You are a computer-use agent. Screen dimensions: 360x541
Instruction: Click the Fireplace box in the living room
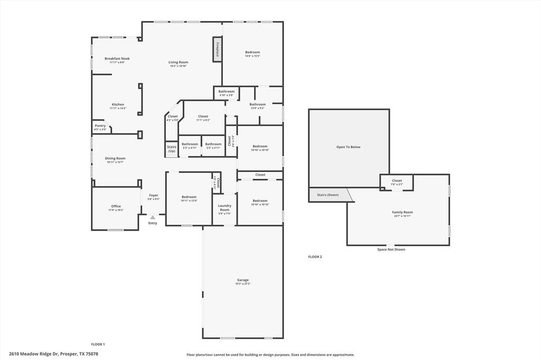tap(217, 49)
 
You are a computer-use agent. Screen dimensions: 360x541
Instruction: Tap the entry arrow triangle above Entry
tap(152, 217)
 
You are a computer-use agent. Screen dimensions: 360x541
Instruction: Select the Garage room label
tap(243, 280)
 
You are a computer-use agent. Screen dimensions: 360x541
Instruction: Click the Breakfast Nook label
tap(117, 59)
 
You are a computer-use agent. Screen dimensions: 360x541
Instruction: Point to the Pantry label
tap(100, 126)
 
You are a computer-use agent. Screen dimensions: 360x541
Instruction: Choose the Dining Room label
tap(115, 158)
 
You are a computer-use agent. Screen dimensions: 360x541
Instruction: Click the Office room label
tap(116, 206)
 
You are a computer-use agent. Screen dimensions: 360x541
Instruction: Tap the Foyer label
tap(153, 195)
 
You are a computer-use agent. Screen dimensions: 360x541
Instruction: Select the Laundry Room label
tap(225, 207)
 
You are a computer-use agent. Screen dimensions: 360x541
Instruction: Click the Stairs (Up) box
tap(172, 149)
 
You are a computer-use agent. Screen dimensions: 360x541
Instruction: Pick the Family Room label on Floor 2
tap(403, 212)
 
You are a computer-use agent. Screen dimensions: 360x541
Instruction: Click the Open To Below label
tap(348, 147)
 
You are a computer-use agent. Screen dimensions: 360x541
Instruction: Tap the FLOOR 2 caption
tap(315, 257)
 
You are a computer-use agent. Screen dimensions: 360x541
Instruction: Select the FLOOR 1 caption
tap(98, 344)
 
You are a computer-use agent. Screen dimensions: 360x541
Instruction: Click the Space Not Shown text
tap(391, 249)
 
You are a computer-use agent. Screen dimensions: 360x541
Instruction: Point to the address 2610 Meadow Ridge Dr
tap(53, 354)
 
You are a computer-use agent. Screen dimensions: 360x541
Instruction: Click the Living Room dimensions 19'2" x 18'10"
tap(179, 66)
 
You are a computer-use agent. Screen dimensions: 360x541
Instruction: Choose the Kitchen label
tap(118, 105)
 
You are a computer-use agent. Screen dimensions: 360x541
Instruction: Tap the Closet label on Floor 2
tap(397, 181)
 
